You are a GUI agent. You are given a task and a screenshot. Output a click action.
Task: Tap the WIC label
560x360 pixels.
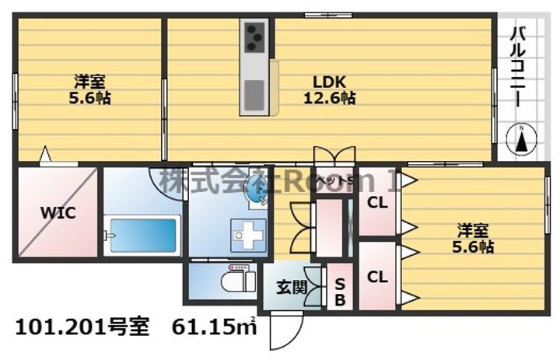(x=58, y=212)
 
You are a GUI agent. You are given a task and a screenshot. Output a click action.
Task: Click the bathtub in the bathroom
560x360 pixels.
(x=143, y=232)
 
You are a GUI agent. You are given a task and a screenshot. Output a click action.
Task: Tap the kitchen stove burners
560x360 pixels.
(x=255, y=36)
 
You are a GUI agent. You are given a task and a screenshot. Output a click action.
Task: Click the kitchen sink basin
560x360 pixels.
(x=255, y=95)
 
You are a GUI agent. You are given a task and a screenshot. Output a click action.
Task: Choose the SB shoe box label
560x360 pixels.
(x=340, y=289)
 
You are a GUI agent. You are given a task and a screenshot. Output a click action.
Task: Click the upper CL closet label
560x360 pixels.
(x=377, y=204)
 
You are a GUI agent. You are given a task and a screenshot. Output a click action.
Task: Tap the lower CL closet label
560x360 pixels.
(x=377, y=276)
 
